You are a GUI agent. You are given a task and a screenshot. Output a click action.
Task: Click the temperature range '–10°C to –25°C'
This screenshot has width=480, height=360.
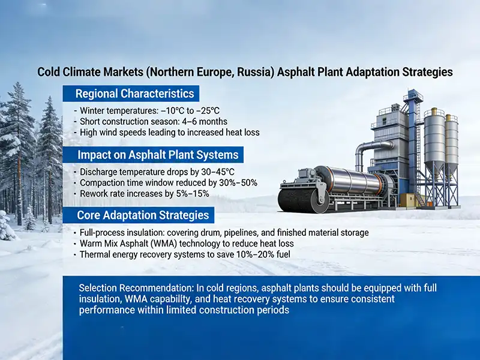(187, 110)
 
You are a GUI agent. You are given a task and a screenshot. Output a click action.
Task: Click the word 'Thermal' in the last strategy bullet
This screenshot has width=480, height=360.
(95, 254)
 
